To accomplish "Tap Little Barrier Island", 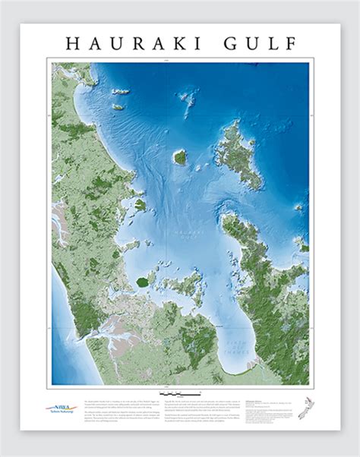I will (x=180, y=157).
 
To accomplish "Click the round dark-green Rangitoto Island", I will (x=142, y=281).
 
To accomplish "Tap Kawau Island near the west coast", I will (x=140, y=205).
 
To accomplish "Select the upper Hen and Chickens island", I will (x=121, y=92).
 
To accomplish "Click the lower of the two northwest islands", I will (x=118, y=107).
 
